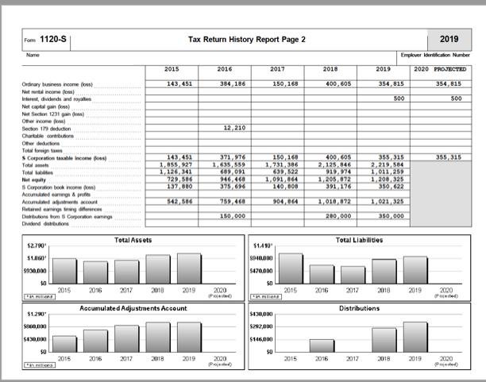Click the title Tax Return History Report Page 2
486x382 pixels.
(x=246, y=39)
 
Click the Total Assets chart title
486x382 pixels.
(x=132, y=239)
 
